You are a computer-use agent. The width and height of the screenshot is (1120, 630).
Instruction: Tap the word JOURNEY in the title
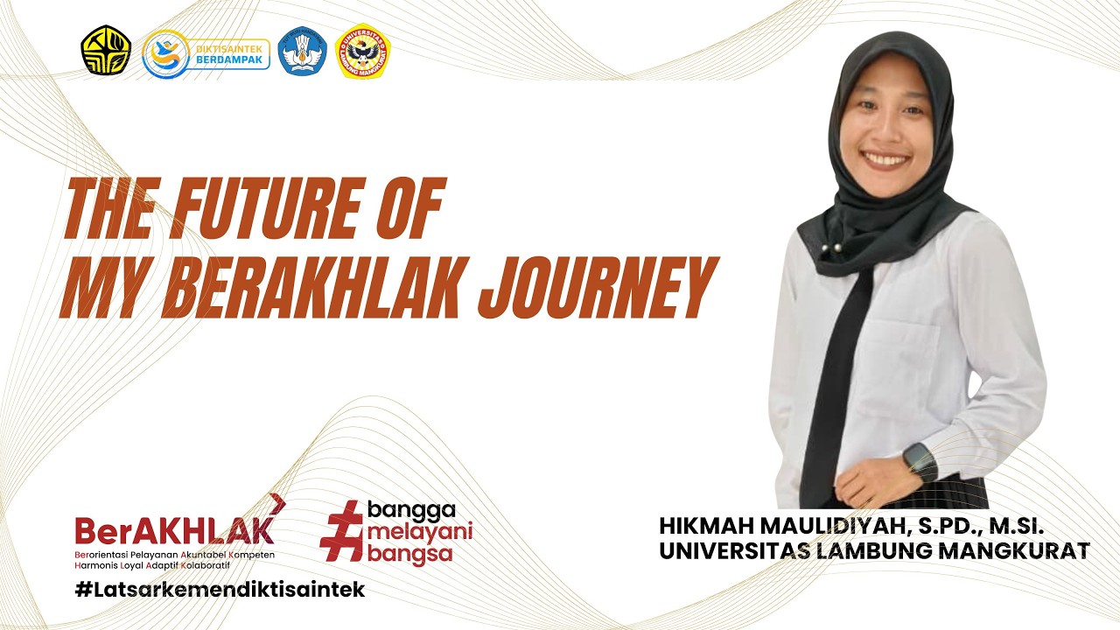coord(595,287)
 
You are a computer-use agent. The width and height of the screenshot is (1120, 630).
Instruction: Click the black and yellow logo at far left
coord(106,50)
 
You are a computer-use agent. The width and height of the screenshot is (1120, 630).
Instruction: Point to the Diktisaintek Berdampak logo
coord(206,52)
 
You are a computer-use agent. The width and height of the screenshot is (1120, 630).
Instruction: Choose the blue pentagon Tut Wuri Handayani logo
coord(302,51)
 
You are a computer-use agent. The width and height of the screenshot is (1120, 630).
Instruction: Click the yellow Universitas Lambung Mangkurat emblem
coord(363,51)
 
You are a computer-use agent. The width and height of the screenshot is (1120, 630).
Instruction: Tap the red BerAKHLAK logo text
coord(174,530)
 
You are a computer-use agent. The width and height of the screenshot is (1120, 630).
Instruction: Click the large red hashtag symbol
coord(341,530)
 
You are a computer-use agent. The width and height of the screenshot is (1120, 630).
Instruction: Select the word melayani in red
coord(419,531)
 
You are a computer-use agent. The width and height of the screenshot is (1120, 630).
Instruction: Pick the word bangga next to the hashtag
coord(412,509)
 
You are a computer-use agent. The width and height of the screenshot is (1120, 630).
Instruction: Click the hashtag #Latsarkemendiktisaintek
coord(220,589)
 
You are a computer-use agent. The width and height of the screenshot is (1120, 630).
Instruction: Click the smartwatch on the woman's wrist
coord(919,459)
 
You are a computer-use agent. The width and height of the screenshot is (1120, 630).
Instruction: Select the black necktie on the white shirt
coord(836,376)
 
